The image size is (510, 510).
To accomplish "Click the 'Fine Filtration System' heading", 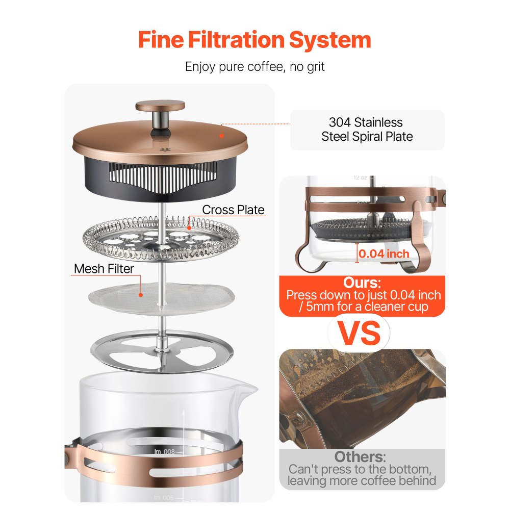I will pos(254,40).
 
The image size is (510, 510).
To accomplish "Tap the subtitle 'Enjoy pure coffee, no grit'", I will pos(254,66).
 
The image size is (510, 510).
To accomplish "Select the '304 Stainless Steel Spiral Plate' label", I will pos(367,130).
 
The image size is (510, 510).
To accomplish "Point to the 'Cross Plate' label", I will pos(233,210).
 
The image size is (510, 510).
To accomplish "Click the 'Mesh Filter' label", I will pos(104,269).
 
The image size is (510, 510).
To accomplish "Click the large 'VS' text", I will pos(361,333).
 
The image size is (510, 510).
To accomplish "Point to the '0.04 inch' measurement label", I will pos(384,253).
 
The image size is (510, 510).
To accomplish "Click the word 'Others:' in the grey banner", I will pos(360,456).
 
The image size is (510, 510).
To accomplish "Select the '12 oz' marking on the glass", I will pos(360,178).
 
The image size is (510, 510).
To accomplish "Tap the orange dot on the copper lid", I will pos(221,135).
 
